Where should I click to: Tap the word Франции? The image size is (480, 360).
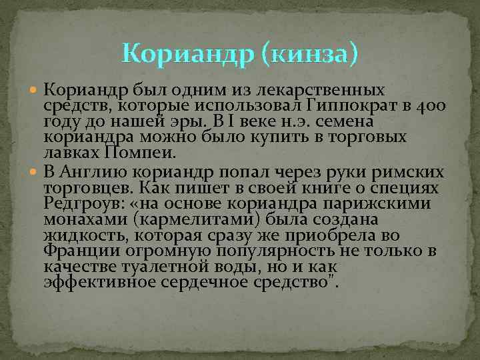click(x=73, y=251)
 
